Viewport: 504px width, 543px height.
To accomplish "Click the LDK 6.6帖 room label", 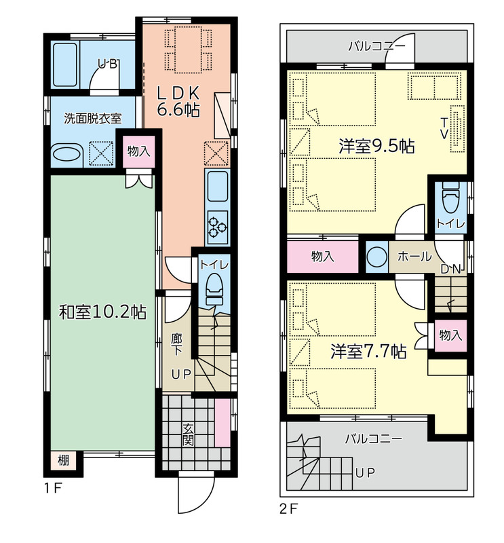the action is point(178,101).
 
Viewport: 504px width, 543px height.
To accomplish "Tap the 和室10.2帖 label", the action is point(102,312).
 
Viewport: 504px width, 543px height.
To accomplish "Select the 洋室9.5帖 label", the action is point(376,147).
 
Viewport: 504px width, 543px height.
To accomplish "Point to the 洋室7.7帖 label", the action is point(368,352).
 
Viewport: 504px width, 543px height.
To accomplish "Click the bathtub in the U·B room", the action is point(65,64).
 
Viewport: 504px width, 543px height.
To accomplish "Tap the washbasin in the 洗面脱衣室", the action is point(66,154).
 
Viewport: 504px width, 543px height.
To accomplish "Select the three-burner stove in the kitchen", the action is point(217,227).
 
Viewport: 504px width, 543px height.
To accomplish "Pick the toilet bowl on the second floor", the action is point(450,199).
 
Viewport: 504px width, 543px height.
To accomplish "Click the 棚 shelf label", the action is point(63,461).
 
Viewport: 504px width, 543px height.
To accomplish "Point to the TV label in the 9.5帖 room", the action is point(444,128).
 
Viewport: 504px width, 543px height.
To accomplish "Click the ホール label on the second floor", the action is point(414,257).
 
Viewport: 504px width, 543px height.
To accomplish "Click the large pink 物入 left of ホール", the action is point(323,257).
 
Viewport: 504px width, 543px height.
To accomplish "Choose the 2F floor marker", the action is point(289,509).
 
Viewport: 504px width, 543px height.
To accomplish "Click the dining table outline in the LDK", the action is point(189,50).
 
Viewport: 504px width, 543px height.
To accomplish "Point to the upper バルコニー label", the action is point(376,46).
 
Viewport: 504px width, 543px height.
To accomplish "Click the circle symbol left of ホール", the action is point(377,257).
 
